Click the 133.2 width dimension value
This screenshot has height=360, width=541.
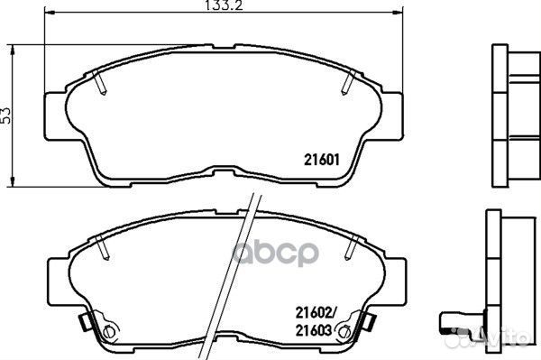pos(224,5)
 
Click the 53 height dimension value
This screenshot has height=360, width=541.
pos(6,115)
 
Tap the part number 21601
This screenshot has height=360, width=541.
pos(322,160)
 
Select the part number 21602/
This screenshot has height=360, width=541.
pos(316,313)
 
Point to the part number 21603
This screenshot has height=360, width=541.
pos(314,330)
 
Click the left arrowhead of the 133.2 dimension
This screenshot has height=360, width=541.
pos(50,13)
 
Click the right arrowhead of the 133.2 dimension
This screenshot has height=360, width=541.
pos(398,13)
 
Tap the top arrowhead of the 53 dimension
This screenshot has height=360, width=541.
pos(13,50)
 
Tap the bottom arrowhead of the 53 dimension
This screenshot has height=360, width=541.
pos(13,182)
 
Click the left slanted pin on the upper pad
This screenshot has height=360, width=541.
pos(99,81)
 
